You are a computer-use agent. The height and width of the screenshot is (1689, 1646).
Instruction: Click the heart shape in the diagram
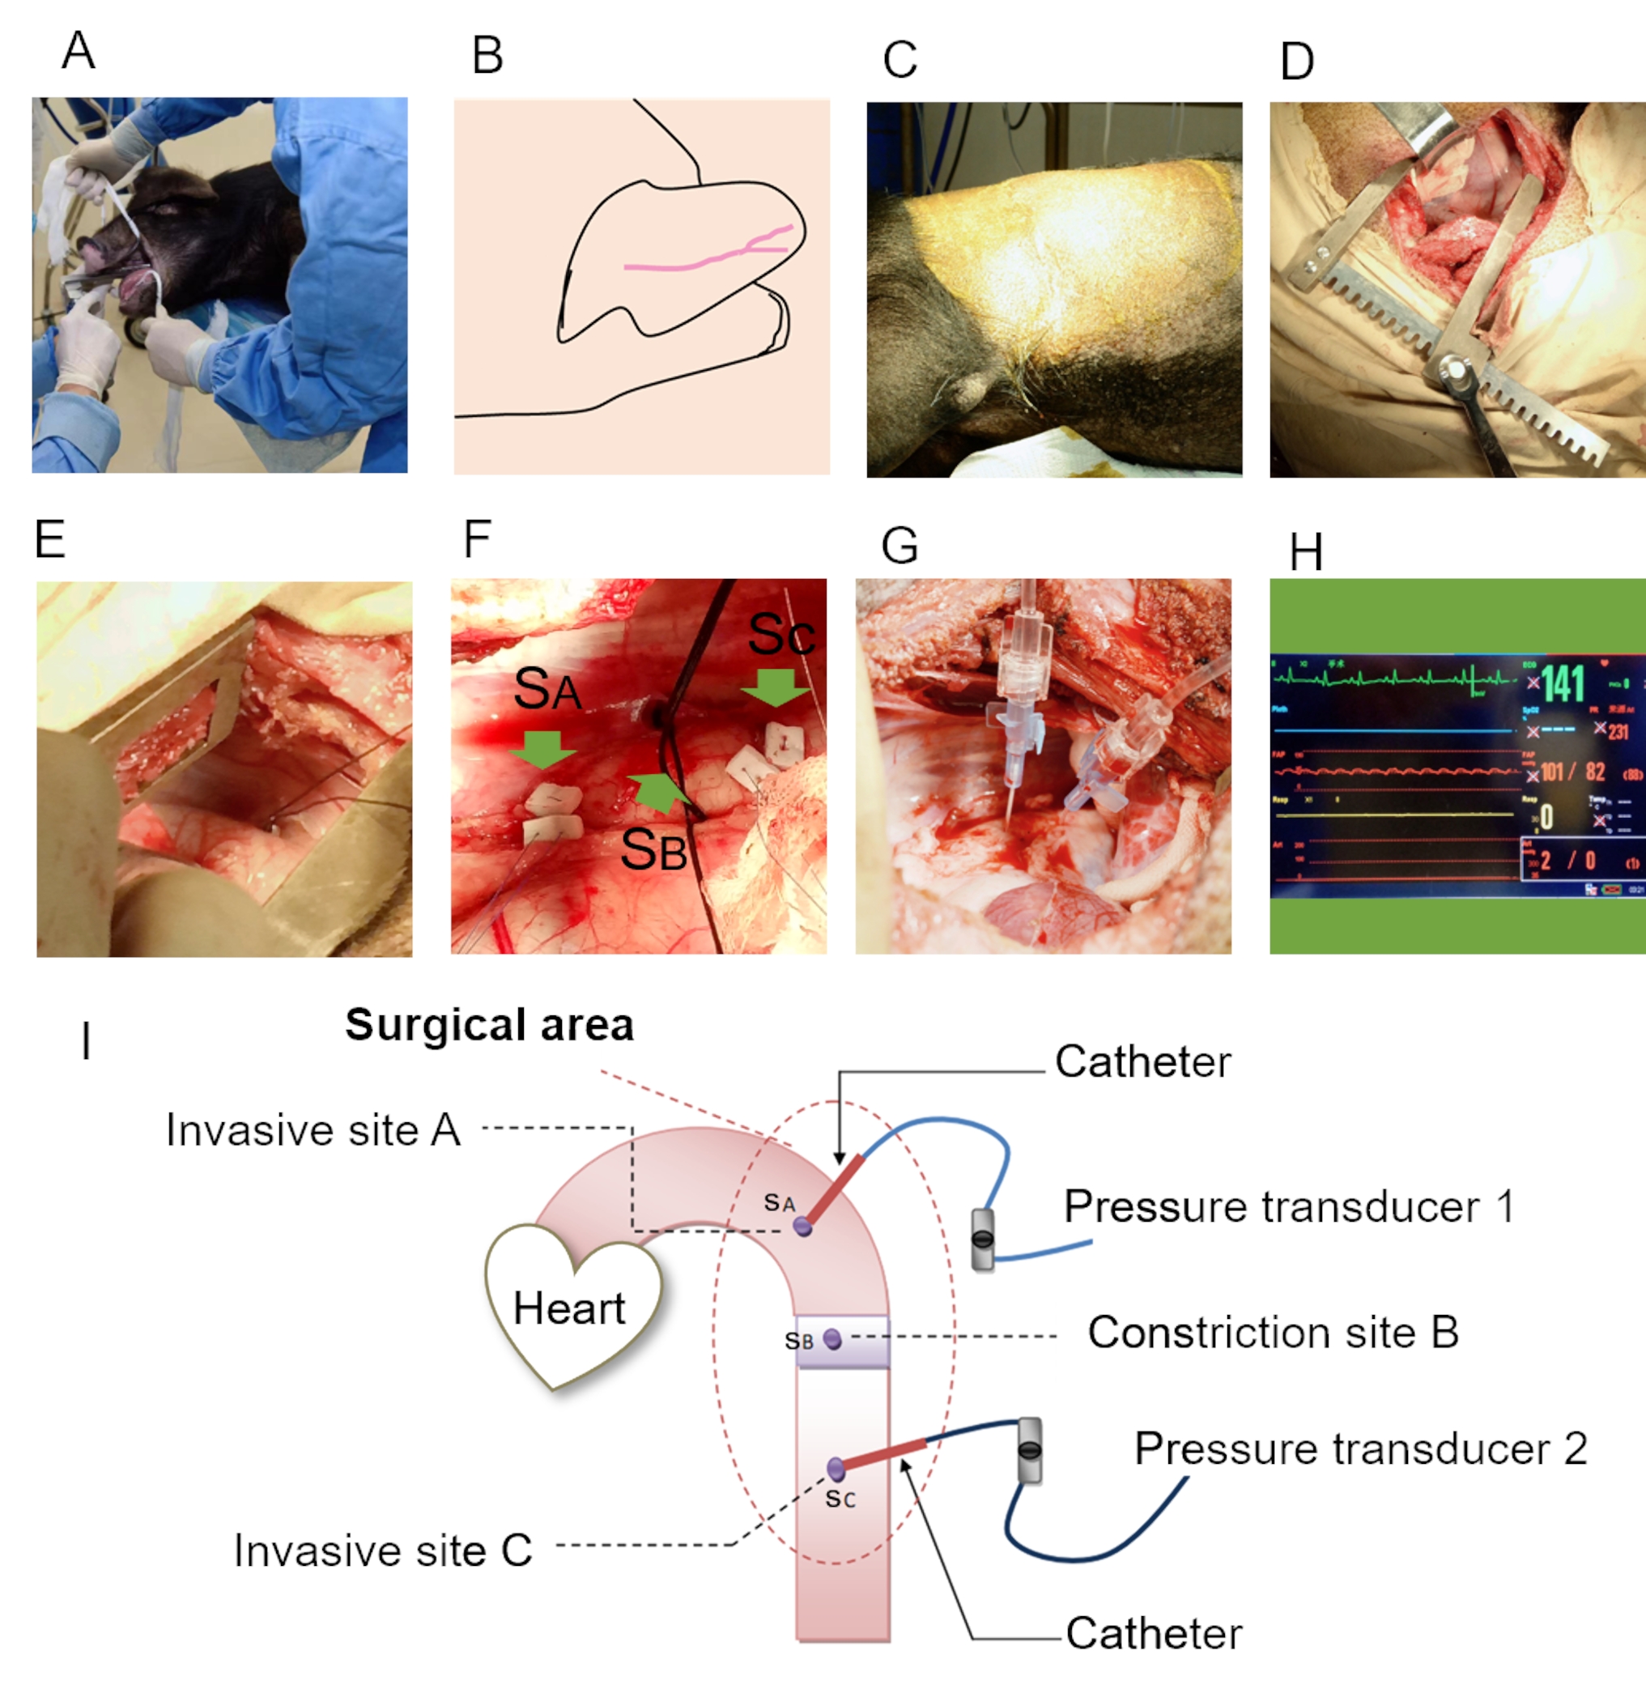572,1305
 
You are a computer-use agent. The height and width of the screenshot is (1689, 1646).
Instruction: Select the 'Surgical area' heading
489,1025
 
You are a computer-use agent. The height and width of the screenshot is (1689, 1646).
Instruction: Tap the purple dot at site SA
802,1226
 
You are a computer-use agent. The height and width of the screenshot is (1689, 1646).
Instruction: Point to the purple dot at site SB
832,1340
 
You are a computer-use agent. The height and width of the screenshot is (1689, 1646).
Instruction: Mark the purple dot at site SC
835,1468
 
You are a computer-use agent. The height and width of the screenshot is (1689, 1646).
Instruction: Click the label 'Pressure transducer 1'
1289,1206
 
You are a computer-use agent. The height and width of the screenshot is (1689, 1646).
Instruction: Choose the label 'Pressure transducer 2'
1361,1449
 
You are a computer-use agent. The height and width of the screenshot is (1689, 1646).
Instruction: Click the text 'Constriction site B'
1273,1332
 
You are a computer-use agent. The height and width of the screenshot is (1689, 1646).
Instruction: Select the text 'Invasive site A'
313,1130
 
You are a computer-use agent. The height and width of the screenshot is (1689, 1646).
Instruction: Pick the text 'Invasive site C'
382,1550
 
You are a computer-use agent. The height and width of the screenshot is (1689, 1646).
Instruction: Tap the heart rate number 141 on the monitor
1563,683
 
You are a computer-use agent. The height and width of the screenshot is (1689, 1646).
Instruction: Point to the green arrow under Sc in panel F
776,687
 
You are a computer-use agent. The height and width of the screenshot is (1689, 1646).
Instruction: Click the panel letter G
899,547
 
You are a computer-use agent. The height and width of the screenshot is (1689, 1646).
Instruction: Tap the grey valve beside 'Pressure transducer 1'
983,1239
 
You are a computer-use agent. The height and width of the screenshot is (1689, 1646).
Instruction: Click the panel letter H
1305,552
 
